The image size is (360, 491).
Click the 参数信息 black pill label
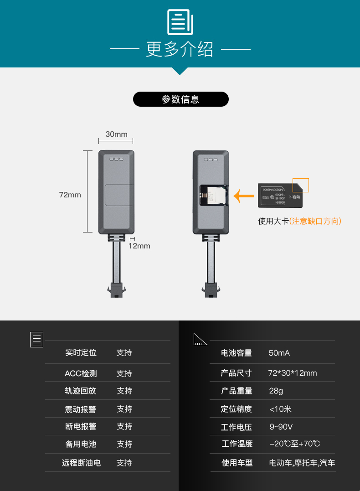point(180,99)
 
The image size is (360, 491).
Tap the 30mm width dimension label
point(116,134)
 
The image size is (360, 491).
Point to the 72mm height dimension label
point(70,195)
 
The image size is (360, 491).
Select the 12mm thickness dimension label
point(139,246)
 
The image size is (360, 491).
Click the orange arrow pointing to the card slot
point(244,196)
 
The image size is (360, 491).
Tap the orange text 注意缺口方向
point(315,221)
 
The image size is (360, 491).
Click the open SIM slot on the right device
point(213,195)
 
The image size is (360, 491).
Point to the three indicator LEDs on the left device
point(116,160)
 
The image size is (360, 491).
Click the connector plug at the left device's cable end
point(117,290)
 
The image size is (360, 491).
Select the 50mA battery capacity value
point(279,353)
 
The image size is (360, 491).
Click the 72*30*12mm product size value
point(292,373)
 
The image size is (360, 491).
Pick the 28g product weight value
point(276,391)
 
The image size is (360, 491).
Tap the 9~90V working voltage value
point(281,427)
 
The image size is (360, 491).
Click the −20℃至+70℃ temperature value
point(294,444)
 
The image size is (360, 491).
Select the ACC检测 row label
point(81,373)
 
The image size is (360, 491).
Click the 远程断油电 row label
point(81,463)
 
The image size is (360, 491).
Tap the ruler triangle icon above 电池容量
point(200,340)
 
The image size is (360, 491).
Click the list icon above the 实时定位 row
point(36,340)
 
